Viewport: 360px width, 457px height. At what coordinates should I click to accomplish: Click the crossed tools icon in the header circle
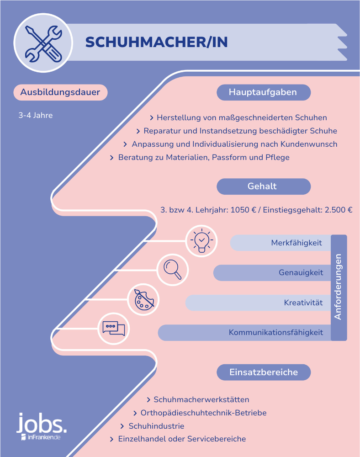point(43,43)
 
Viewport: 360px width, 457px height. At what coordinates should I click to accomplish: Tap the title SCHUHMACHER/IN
point(156,42)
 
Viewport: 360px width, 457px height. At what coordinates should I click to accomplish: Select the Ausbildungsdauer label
point(60,92)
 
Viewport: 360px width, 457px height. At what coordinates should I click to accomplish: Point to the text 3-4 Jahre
point(36,116)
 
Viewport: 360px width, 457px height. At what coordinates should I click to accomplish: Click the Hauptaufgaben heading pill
point(264,92)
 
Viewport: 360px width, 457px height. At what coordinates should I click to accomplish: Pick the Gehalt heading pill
point(264,186)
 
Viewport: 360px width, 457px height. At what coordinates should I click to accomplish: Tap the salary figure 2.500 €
point(339,210)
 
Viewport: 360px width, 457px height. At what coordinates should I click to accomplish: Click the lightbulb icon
point(201,241)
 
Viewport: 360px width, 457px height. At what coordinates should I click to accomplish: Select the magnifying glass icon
point(172,270)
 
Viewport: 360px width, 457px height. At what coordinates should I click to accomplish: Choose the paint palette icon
point(143,300)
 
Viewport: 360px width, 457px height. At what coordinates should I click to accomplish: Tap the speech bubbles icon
point(114,329)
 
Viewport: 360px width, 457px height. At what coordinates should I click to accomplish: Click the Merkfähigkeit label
point(296,243)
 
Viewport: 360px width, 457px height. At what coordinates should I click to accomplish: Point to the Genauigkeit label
point(301,272)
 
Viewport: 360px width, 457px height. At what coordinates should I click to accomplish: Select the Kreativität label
point(303,303)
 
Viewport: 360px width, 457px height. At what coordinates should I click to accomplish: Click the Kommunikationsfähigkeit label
point(276,333)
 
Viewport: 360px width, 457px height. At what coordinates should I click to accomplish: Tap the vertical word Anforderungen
point(338,287)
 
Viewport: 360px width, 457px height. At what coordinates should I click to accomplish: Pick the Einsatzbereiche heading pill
point(264,372)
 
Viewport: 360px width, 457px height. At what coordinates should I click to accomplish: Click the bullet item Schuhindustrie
point(156,426)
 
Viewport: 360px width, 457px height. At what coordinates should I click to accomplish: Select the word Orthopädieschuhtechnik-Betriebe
point(204,413)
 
